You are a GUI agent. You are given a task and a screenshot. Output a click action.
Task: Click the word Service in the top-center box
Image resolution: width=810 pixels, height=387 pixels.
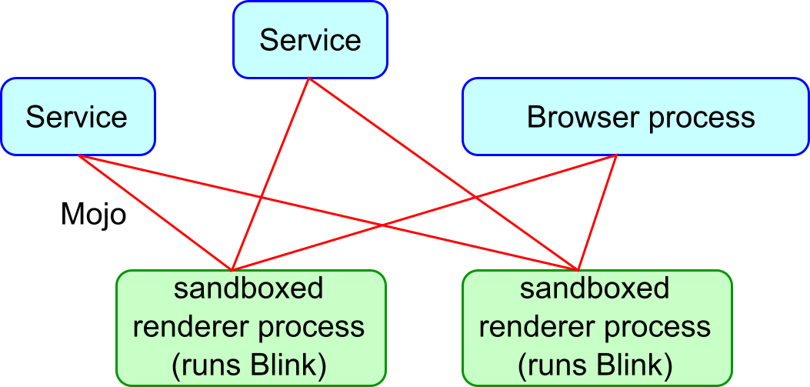pos(310,40)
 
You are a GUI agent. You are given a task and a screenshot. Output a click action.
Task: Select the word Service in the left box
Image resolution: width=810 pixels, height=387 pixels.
pos(76,118)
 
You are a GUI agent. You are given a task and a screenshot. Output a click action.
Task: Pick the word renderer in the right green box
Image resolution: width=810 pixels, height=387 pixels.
pos(525,327)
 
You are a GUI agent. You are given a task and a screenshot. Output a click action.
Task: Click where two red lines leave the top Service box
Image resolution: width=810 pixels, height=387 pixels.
pos(309,79)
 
